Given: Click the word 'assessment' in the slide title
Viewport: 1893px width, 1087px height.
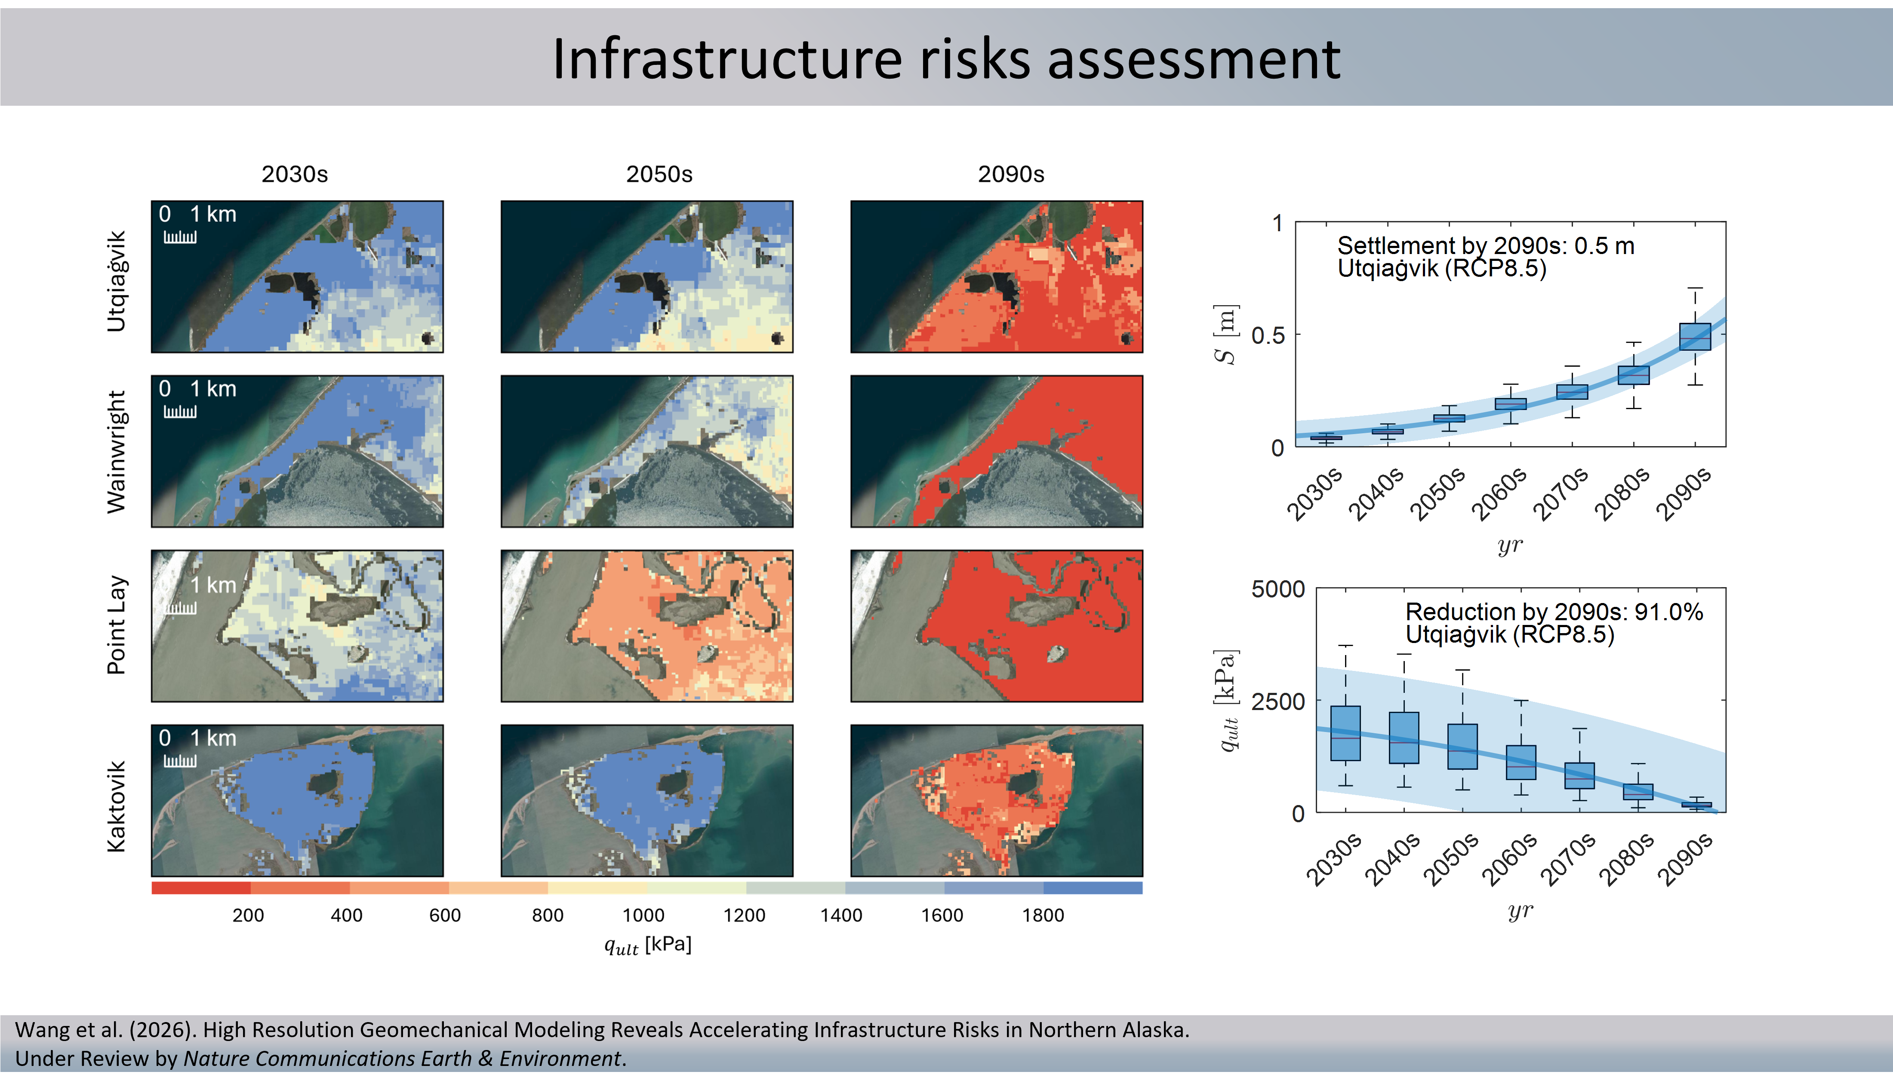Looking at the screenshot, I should point(1193,60).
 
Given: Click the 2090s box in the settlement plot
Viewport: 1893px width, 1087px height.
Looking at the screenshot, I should point(1695,337).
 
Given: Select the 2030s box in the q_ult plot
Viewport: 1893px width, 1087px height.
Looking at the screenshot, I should point(1345,733).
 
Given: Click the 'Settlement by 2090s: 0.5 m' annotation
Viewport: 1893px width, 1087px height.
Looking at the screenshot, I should point(1485,245).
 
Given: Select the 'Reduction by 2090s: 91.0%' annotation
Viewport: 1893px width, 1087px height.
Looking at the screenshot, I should point(1554,612).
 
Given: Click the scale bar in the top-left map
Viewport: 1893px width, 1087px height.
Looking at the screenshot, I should point(180,237).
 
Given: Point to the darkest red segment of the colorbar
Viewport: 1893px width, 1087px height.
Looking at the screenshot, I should point(200,888).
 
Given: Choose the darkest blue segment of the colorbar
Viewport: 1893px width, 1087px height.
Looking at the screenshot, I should point(1093,888).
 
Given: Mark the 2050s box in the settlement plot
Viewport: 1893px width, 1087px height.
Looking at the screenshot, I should point(1449,418).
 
